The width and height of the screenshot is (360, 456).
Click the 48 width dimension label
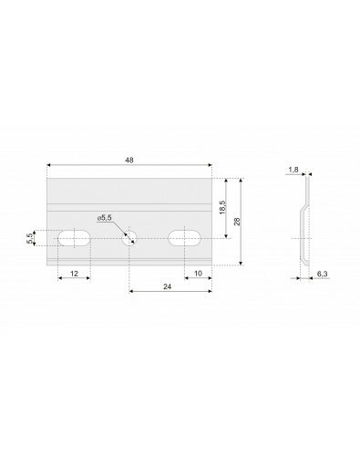coord(129,161)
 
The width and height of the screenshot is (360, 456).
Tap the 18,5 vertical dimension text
coord(222,207)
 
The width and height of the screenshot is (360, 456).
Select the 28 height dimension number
coord(237,222)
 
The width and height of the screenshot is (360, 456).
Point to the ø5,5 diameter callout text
coord(105,218)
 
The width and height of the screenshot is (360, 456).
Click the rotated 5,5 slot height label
coord(29,238)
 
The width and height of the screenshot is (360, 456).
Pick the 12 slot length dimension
coord(74,274)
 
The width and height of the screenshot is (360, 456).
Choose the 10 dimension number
coord(198,274)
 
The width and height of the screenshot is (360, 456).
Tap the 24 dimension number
coord(168,286)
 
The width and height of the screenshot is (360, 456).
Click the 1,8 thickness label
coord(293,170)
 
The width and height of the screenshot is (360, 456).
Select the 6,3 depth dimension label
coord(323,274)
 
